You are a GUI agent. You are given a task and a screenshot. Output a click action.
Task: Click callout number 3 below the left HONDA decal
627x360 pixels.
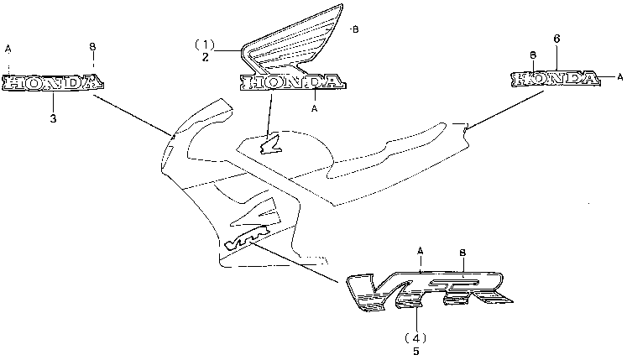[53, 119]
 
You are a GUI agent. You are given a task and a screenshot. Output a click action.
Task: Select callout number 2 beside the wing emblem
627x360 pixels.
[204, 57]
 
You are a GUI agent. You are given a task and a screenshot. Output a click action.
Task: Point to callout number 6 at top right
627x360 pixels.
[556, 39]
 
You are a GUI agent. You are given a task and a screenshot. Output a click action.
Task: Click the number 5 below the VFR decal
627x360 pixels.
[416, 352]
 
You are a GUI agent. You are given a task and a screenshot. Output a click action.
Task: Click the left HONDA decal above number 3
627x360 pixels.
[53, 82]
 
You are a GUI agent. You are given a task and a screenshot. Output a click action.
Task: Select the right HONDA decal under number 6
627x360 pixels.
[556, 79]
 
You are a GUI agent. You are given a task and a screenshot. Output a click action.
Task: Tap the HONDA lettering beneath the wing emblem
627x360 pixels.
[292, 82]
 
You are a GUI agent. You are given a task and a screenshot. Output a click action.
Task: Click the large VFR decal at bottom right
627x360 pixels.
[428, 289]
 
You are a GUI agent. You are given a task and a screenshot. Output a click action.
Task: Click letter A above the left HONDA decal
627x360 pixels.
[8, 49]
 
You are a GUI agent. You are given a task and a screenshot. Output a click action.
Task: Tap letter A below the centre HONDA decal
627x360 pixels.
[314, 109]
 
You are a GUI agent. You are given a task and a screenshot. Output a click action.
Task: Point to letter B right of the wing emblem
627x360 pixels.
[354, 30]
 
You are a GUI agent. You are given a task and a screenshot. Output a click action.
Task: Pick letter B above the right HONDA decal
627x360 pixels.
[533, 55]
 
